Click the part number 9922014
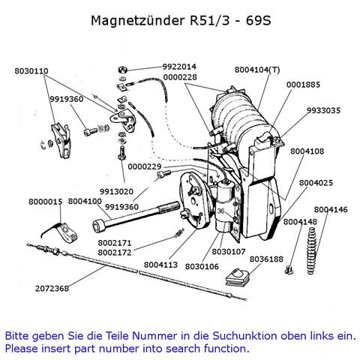(x=179, y=67)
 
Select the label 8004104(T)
(x=257, y=70)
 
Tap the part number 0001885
(x=303, y=85)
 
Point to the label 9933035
(x=323, y=110)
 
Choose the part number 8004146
(x=331, y=209)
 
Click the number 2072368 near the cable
(x=52, y=289)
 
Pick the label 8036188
(x=266, y=259)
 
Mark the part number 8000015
(x=46, y=202)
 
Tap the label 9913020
(x=116, y=192)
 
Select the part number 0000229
(x=145, y=166)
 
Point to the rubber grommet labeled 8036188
(x=238, y=277)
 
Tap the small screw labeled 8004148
(x=289, y=270)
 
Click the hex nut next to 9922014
(x=122, y=69)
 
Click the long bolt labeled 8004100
(x=136, y=214)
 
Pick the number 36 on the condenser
(x=220, y=211)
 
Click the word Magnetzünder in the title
(x=137, y=20)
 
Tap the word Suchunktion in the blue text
(x=244, y=336)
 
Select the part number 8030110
(x=31, y=71)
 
